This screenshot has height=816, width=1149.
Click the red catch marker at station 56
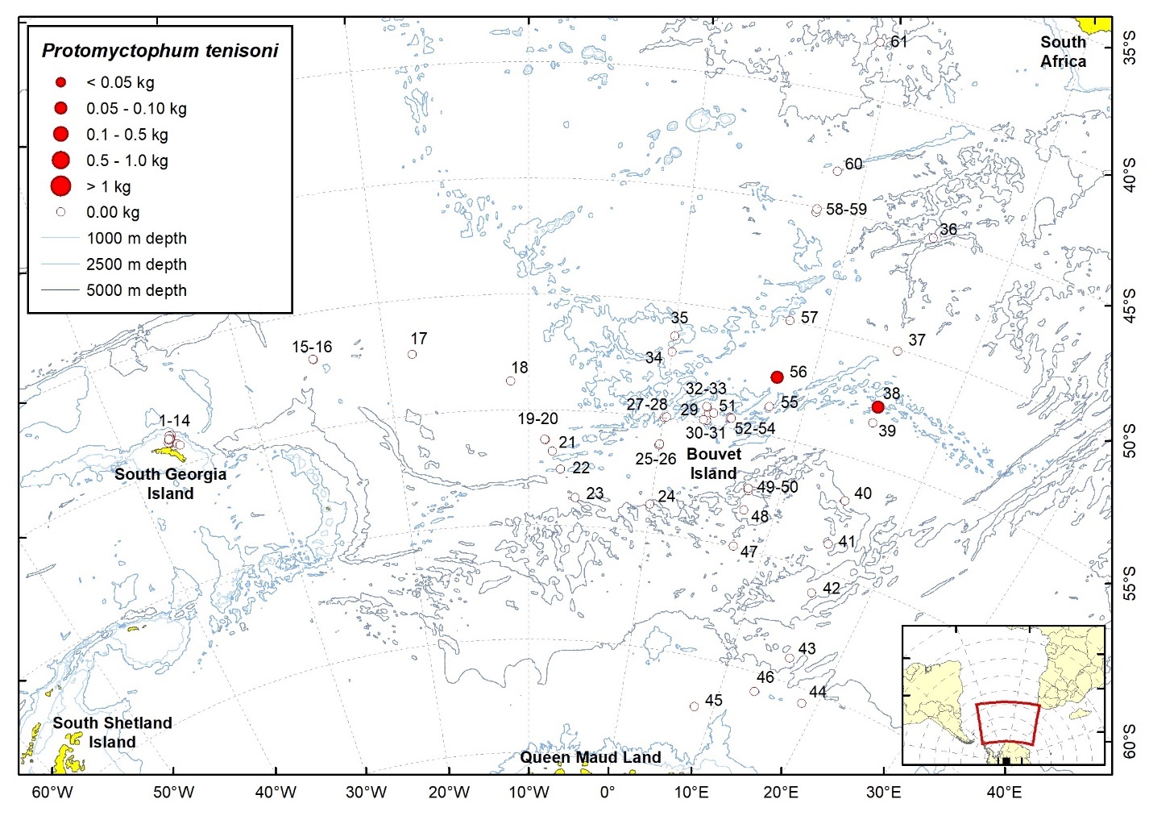point(777,377)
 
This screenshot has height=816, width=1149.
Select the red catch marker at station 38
point(877,407)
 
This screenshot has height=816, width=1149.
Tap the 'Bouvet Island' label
point(713,464)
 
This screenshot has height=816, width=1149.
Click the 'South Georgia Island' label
point(170,483)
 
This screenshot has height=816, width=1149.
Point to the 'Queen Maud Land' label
point(590,757)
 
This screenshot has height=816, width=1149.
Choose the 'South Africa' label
point(1063,52)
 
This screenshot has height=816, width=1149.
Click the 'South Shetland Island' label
point(112,732)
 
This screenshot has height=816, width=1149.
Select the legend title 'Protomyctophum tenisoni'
point(160,51)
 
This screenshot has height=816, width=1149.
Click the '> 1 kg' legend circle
point(60,186)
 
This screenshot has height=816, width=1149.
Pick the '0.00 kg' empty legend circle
point(60,212)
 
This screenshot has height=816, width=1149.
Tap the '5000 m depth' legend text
point(136,290)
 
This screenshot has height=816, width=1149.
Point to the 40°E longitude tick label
point(1004,793)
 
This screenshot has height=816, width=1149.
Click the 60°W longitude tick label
point(52,793)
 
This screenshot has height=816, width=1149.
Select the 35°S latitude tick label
point(1130,47)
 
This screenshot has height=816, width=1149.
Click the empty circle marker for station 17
point(412,354)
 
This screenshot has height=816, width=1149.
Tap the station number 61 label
point(899,41)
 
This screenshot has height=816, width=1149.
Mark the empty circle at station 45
point(694,706)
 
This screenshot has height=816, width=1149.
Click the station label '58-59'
point(846,210)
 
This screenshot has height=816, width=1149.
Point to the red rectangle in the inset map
point(1006,722)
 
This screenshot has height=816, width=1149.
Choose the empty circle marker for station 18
point(510,381)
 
